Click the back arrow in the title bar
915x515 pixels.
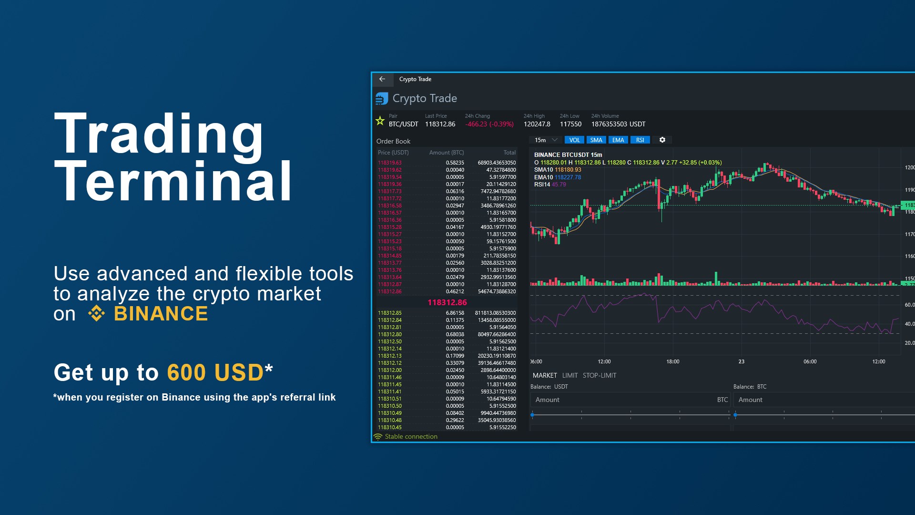click(x=382, y=79)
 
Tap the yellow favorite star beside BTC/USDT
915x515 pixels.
click(x=380, y=121)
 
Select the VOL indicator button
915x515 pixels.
click(x=574, y=140)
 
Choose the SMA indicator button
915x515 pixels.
click(x=596, y=140)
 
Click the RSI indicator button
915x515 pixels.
click(x=640, y=140)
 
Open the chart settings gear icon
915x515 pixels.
click(x=662, y=140)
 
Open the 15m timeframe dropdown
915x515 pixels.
click(x=546, y=140)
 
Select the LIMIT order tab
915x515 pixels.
click(x=570, y=376)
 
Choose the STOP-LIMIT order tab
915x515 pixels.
click(x=600, y=376)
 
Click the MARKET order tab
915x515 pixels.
click(x=545, y=376)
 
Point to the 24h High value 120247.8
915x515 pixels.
click(x=537, y=124)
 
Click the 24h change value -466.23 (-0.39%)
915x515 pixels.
click(x=489, y=124)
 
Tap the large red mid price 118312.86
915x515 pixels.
click(x=447, y=302)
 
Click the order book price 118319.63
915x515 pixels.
click(x=390, y=163)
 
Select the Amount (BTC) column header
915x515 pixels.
click(x=446, y=153)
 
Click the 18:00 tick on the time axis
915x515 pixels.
click(x=672, y=362)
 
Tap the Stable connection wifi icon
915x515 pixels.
click(x=378, y=437)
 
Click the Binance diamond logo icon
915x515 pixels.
click(x=96, y=314)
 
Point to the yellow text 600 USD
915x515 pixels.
click(x=215, y=373)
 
